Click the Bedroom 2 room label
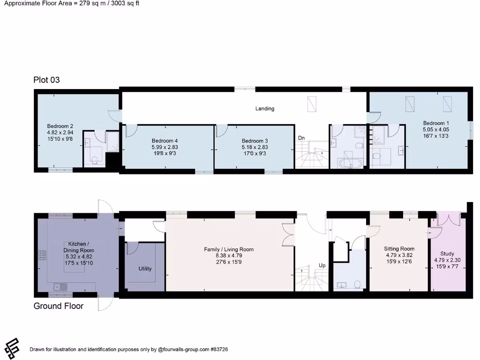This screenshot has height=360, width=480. tap(60, 126)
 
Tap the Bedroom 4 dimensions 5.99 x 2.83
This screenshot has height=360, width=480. tap(165, 146)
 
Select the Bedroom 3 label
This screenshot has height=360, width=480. tap(255, 141)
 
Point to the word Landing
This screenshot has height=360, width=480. tap(265, 109)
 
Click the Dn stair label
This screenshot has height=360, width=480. tap(302, 138)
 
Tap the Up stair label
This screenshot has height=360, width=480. tap(322, 265)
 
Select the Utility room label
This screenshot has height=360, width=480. tap(145, 269)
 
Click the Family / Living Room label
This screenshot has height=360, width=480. tap(229, 249)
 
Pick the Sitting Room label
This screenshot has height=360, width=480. tap(399, 249)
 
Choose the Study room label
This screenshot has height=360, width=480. tap(447, 254)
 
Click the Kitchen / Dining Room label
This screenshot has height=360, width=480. tap(78, 247)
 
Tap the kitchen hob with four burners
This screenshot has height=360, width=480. tap(41, 255)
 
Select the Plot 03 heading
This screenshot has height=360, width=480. tap(46, 80)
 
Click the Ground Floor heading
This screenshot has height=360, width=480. tap(58, 306)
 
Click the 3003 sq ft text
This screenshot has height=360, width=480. tap(123, 3)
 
